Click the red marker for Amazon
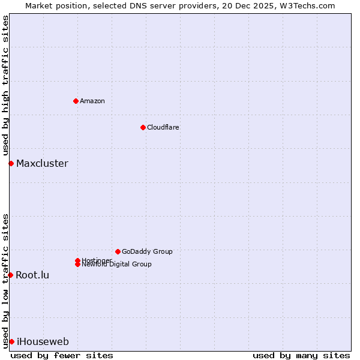pos(76,101)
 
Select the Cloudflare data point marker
pos(143,127)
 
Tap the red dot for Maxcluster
pos(11,163)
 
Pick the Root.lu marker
pos(10,275)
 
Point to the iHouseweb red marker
pos(11,341)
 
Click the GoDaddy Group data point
pos(118,251)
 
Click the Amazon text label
pos(92,101)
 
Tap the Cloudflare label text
pos(163,127)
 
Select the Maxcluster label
pos(42,163)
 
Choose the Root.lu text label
pos(32,275)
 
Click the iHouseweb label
pos(43,341)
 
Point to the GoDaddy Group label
pos(147,251)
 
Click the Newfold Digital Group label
pos(117,265)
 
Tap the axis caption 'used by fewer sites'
pos(62,355)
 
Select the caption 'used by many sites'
pos(301,355)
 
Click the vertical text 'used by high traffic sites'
pos(6,85)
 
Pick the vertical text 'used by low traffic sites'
pos(6,281)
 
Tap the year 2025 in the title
pos(268,5)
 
